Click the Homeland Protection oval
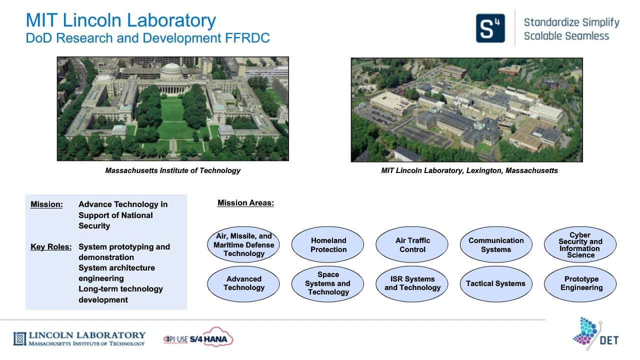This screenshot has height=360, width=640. click(327, 244)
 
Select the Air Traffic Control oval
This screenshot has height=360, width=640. click(412, 244)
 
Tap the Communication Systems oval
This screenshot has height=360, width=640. click(496, 244)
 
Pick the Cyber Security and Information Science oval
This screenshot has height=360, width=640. click(580, 244)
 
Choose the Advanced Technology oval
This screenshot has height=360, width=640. click(243, 284)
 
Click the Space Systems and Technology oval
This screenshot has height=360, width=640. click(327, 284)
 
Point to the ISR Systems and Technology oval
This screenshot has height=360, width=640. click(412, 284)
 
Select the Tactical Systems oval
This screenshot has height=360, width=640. click(496, 284)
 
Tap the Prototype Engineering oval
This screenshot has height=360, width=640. click(580, 284)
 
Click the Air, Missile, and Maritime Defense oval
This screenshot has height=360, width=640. click(243, 244)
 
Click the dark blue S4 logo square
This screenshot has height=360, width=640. click(490, 28)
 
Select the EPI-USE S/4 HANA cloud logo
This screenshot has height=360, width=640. click(198, 337)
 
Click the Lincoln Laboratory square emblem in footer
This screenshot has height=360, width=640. click(20, 339)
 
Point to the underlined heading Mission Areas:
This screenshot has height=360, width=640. click(245, 203)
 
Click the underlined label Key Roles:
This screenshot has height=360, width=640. click(51, 246)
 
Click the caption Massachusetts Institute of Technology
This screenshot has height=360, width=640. click(173, 170)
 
